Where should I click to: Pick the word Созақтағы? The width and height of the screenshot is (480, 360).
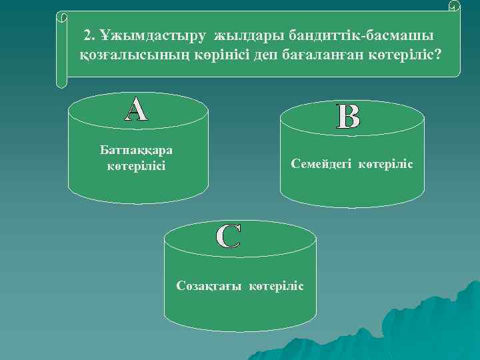coord(210,285)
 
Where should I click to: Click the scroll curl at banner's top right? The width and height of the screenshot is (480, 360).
coord(454,7)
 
